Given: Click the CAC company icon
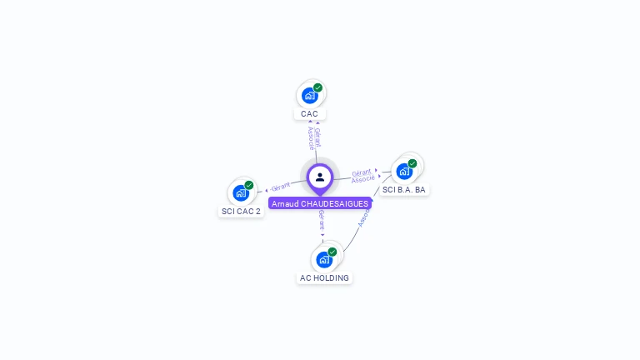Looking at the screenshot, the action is click(x=309, y=95).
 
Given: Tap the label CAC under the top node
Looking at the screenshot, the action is click(x=309, y=114).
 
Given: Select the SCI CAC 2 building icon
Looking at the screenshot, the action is click(x=241, y=192).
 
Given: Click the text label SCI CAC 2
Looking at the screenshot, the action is click(x=241, y=212).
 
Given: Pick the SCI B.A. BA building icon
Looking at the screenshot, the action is click(x=404, y=171).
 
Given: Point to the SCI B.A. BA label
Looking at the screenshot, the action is click(x=404, y=190).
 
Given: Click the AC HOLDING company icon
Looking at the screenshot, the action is click(x=324, y=259).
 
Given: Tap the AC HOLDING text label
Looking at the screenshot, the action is click(x=324, y=278).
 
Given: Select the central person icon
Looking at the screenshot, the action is click(x=320, y=177).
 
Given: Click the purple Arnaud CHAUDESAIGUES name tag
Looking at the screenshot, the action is click(x=320, y=203).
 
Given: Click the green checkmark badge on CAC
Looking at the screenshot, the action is click(x=317, y=87).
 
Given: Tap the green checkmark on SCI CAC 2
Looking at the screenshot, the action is click(x=249, y=185).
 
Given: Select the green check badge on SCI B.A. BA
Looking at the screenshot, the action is click(x=412, y=163).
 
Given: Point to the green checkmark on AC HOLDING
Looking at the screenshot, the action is click(x=332, y=252).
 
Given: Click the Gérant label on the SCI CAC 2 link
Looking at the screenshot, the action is click(x=281, y=187).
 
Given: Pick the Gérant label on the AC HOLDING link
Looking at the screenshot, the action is click(x=322, y=221).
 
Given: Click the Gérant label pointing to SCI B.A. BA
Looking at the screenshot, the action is click(x=361, y=172).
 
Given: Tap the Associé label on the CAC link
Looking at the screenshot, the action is click(x=310, y=138).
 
